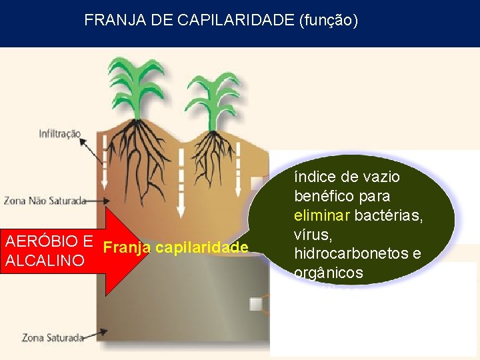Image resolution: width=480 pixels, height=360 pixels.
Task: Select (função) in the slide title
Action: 329,21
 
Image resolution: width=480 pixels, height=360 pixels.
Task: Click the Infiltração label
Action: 59,134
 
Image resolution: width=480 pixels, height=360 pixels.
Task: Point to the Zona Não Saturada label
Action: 45,200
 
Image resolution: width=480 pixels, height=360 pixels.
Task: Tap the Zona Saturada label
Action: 53,337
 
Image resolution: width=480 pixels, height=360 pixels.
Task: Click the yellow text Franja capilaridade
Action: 176,248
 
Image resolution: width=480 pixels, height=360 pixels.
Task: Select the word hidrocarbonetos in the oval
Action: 341,254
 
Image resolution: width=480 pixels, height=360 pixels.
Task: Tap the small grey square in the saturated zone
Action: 255,304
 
